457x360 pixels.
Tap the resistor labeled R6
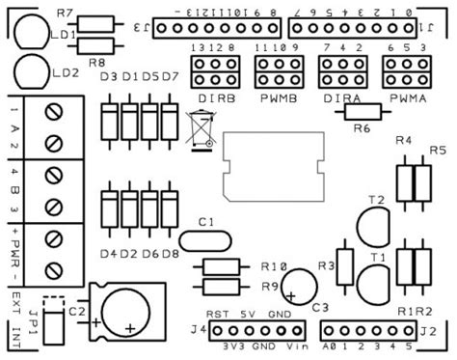[x=362, y=111]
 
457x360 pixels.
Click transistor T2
[x=371, y=229]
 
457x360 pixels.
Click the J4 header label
[x=197, y=331]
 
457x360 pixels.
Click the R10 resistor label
[x=274, y=266]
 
